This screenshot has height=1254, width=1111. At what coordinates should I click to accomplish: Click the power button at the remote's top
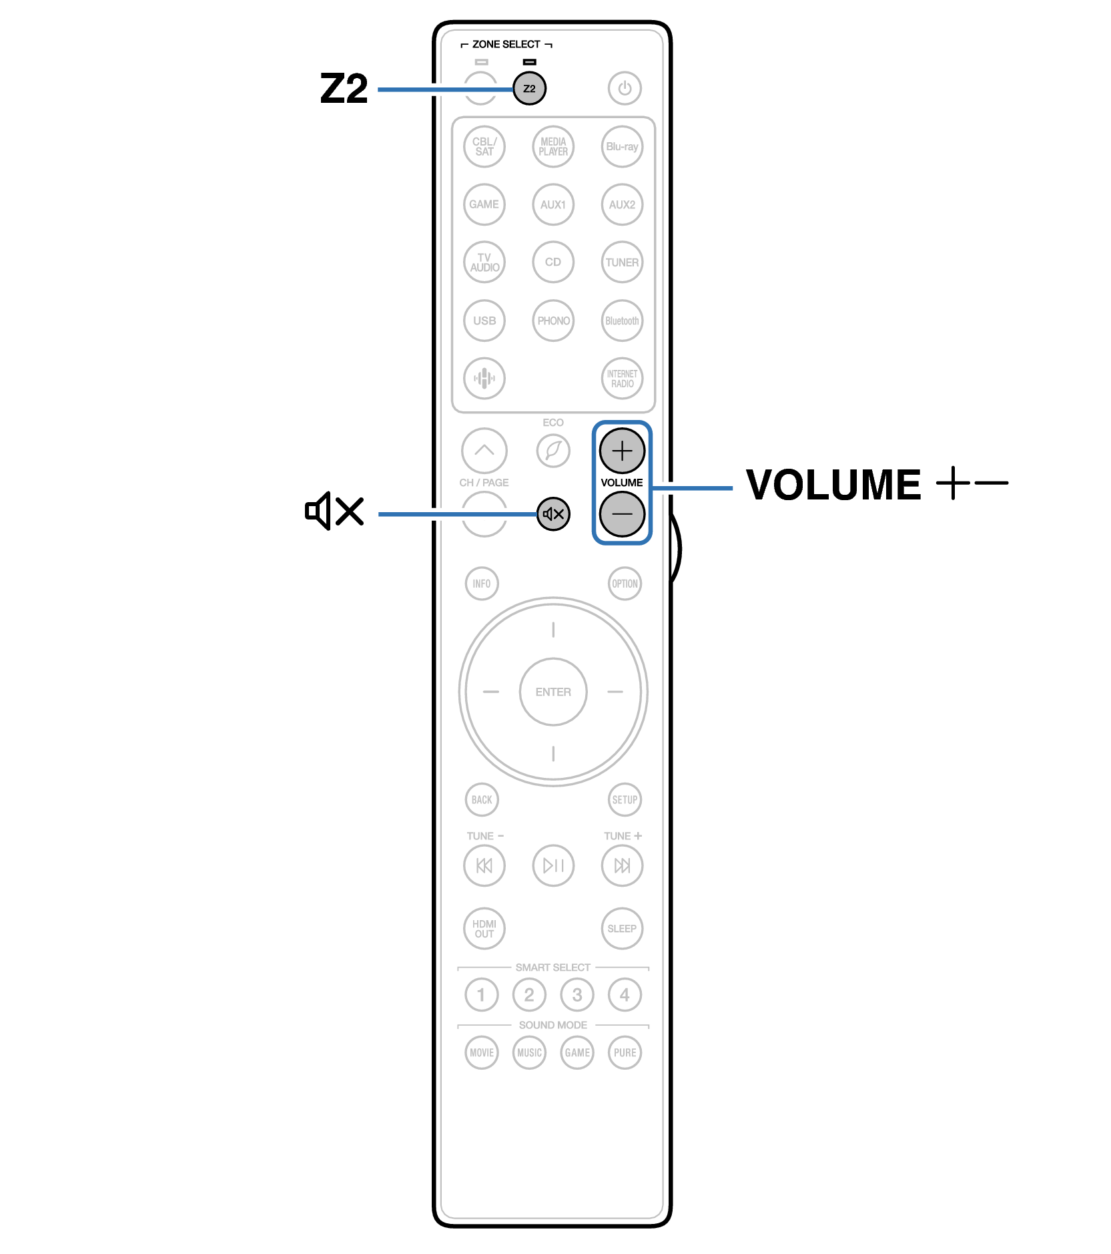click(624, 88)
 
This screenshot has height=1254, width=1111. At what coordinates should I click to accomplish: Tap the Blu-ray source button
click(622, 146)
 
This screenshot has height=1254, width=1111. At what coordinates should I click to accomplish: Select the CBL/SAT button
click(484, 146)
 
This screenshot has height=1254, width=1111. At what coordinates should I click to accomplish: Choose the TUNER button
click(622, 262)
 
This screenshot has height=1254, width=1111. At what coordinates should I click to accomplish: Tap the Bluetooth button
click(622, 321)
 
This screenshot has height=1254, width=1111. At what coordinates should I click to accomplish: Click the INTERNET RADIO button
click(622, 379)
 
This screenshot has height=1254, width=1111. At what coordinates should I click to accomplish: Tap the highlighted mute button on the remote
click(553, 514)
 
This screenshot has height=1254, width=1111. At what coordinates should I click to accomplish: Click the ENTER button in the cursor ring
click(553, 692)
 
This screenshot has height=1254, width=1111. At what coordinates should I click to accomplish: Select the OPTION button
click(625, 584)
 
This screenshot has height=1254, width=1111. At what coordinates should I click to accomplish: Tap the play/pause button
click(553, 865)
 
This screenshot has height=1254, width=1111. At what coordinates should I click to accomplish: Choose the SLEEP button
click(622, 928)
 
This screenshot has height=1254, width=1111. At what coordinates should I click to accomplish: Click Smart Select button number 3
click(577, 995)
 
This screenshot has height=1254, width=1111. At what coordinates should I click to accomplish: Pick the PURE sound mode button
click(625, 1053)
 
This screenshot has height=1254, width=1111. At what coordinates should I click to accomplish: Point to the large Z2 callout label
click(344, 89)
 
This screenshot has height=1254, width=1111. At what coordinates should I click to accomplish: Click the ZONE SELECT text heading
click(506, 44)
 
